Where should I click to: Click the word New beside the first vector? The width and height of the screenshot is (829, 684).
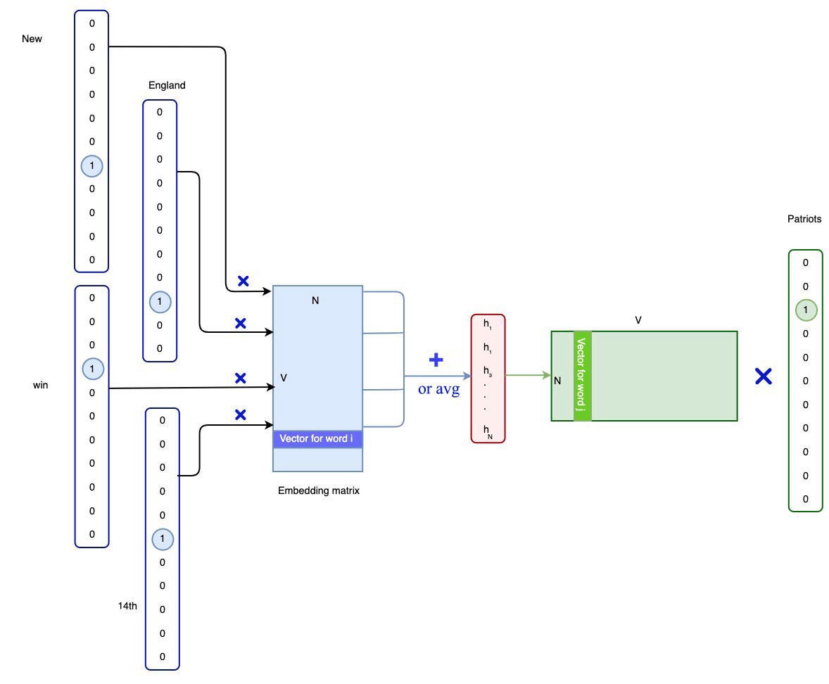click(x=32, y=39)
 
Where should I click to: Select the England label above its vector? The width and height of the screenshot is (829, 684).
click(x=167, y=85)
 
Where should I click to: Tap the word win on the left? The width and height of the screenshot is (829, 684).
click(x=41, y=385)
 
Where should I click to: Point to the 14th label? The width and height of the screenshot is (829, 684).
click(x=127, y=605)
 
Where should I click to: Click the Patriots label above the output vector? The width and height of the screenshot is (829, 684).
click(x=804, y=219)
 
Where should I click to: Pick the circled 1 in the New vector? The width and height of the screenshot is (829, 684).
click(x=91, y=166)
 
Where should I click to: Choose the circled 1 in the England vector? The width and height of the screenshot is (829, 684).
click(x=160, y=302)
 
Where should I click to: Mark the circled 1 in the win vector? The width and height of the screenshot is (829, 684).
click(x=92, y=369)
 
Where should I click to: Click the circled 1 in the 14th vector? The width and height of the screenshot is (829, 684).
click(x=163, y=539)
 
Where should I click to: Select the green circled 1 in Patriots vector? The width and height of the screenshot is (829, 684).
click(x=806, y=310)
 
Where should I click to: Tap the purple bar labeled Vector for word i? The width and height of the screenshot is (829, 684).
click(x=317, y=439)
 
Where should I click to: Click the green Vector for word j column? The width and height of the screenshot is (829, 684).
click(x=582, y=376)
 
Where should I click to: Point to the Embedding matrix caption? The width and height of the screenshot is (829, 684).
click(x=319, y=490)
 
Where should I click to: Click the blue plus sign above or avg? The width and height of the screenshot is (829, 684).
click(x=436, y=360)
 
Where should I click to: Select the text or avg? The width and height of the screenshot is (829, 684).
click(x=438, y=389)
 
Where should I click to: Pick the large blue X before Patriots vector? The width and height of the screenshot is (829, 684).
click(x=763, y=376)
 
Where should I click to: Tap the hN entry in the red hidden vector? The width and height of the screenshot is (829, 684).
click(x=488, y=430)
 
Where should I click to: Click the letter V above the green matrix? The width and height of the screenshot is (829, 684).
click(x=638, y=320)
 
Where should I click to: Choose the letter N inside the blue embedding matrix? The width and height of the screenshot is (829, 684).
click(x=315, y=300)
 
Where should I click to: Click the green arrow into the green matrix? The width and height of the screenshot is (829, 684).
click(x=528, y=375)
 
